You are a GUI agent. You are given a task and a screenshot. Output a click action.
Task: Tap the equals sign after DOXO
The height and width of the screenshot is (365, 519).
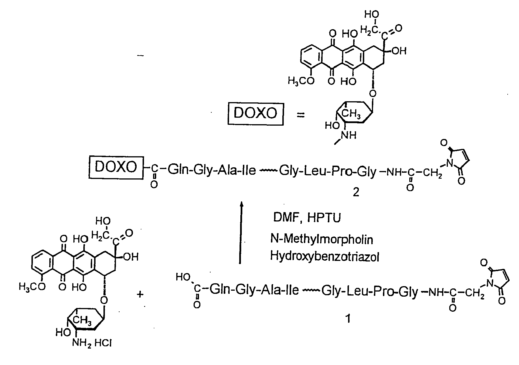(x=300, y=115)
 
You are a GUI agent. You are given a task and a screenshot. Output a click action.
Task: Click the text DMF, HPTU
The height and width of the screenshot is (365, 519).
(x=307, y=218)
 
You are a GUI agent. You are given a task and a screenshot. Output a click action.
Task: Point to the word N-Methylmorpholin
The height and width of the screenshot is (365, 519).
(x=321, y=240)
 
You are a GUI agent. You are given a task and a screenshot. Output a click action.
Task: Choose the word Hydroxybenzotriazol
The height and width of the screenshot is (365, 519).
(x=324, y=256)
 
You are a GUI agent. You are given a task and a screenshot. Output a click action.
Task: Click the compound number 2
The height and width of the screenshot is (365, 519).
(x=356, y=193)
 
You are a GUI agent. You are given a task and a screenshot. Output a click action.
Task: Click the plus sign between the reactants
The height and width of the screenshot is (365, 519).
(x=140, y=295)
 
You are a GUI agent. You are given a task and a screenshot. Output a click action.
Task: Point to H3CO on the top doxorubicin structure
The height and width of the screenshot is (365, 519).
(x=301, y=81)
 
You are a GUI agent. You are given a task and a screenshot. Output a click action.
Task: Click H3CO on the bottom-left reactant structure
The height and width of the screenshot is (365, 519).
(x=32, y=287)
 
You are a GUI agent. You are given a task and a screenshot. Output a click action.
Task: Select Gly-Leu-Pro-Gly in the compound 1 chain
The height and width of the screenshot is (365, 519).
(x=369, y=291)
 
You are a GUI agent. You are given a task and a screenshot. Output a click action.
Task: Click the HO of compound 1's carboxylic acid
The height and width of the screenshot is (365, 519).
(x=182, y=277)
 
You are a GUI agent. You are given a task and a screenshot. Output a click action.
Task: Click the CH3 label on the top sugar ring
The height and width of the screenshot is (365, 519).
(x=351, y=114)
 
